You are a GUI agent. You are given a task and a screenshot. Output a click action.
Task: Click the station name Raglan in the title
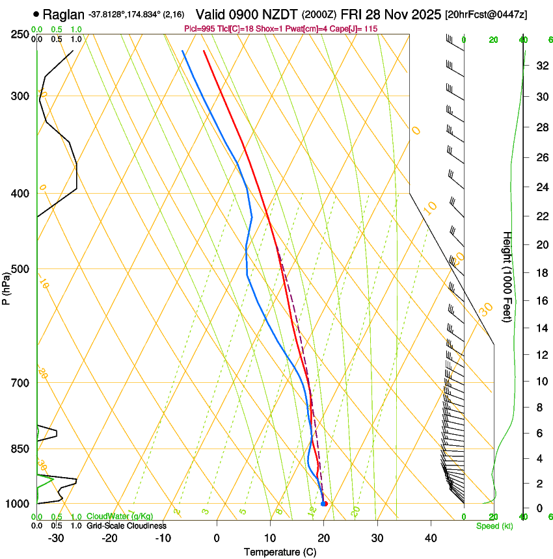[x=64, y=13]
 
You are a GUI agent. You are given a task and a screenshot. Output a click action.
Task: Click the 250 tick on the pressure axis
[x=20, y=34]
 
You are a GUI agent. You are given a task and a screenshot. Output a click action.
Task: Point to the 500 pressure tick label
[x=20, y=269]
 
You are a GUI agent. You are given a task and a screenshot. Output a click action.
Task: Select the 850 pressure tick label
[x=20, y=448]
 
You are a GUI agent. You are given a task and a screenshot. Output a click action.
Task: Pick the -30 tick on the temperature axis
[x=56, y=538]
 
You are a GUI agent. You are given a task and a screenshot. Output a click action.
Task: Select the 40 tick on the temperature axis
[x=431, y=538]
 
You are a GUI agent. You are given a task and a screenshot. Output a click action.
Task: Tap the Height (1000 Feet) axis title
[x=507, y=276]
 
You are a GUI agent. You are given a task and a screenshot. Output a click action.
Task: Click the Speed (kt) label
[x=494, y=526]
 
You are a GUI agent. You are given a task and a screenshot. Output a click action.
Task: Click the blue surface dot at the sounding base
[x=323, y=504]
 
